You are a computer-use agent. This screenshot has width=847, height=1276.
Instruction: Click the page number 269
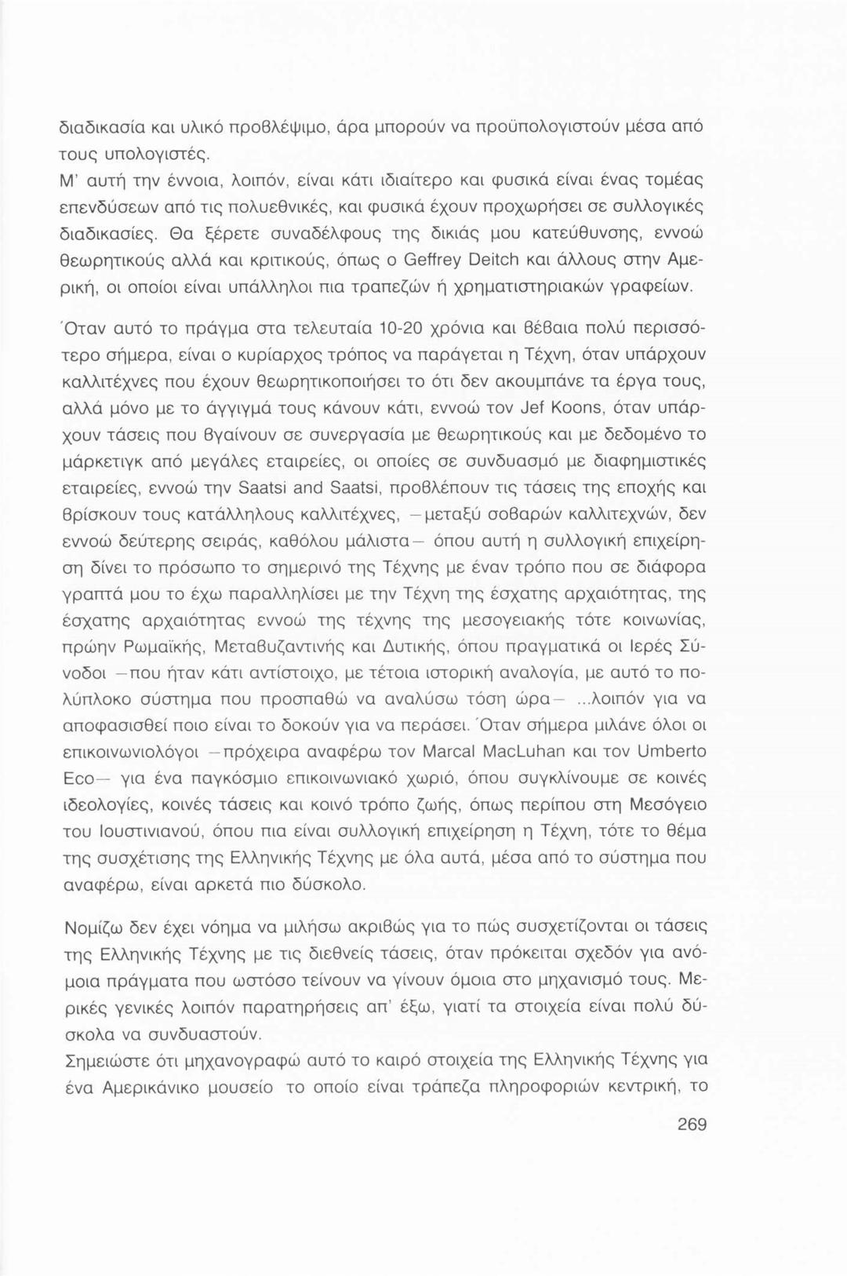692,1125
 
